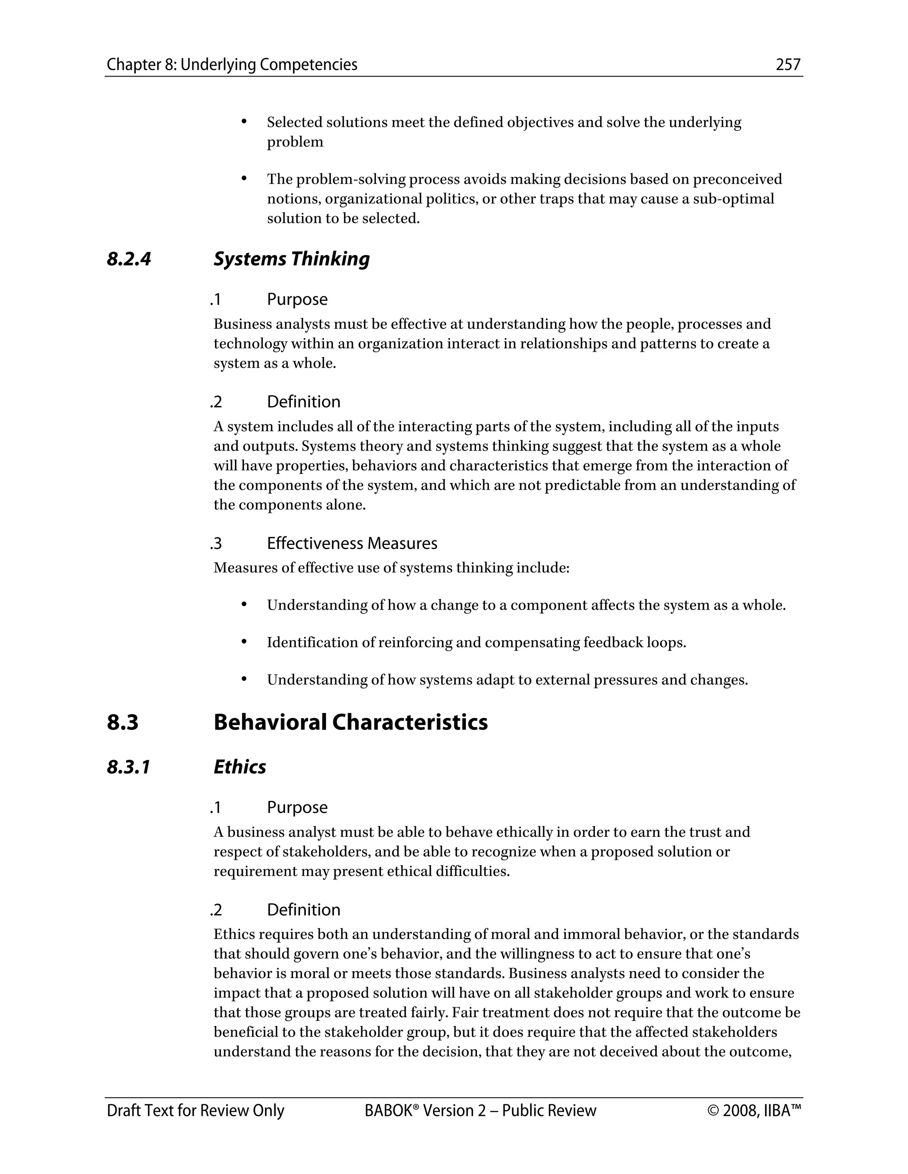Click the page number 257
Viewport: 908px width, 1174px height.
coord(788,65)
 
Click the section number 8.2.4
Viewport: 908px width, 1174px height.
coord(129,259)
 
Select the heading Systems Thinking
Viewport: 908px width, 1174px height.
coord(292,259)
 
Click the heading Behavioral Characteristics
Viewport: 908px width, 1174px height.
coord(350,722)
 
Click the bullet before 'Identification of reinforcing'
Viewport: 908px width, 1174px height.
coord(244,641)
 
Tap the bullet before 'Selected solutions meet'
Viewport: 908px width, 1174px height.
coord(244,121)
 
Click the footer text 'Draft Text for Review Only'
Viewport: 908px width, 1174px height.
coord(195,1111)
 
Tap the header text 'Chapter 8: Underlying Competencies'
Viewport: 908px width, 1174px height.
coord(232,65)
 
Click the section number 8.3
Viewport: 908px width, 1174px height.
coord(123,722)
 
